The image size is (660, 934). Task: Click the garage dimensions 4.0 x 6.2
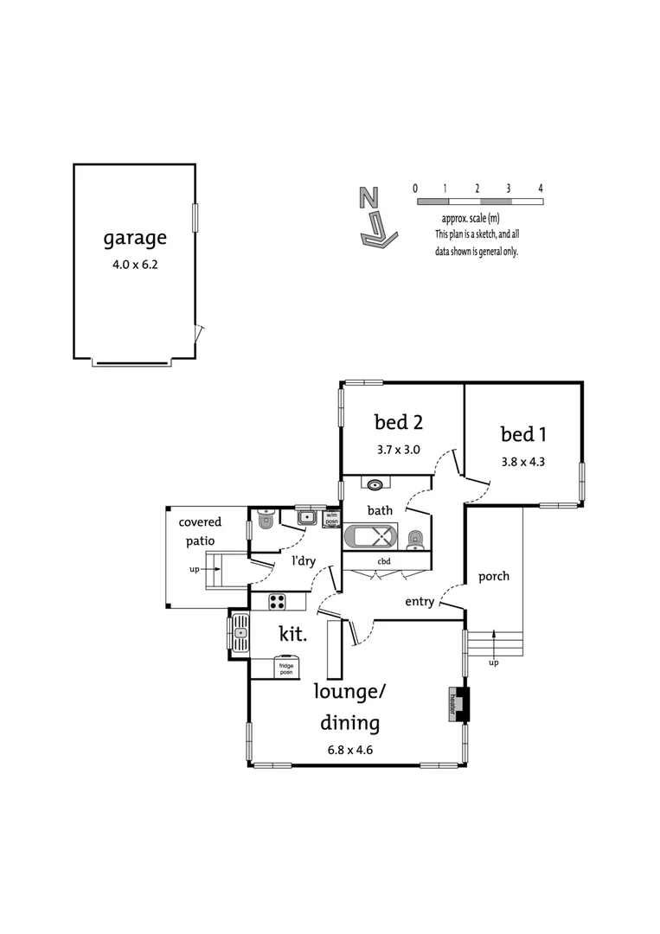pos(135,265)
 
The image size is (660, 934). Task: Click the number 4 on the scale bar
pos(540,188)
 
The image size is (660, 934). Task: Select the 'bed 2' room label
pos(398,422)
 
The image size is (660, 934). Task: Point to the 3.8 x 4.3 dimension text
pos(522,461)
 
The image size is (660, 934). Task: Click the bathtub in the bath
pos(372,537)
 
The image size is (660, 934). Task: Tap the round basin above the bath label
pos(376,484)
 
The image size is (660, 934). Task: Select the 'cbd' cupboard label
pos(384,561)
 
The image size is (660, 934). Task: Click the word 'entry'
pos(419,602)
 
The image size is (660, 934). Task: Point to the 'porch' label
pos(494,576)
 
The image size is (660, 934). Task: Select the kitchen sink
pos(240,634)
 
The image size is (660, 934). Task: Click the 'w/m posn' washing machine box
pos(330,519)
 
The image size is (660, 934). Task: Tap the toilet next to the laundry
pos(265,521)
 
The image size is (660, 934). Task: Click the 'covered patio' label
pos(200,532)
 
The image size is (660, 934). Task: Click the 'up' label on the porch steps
pos(494,662)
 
